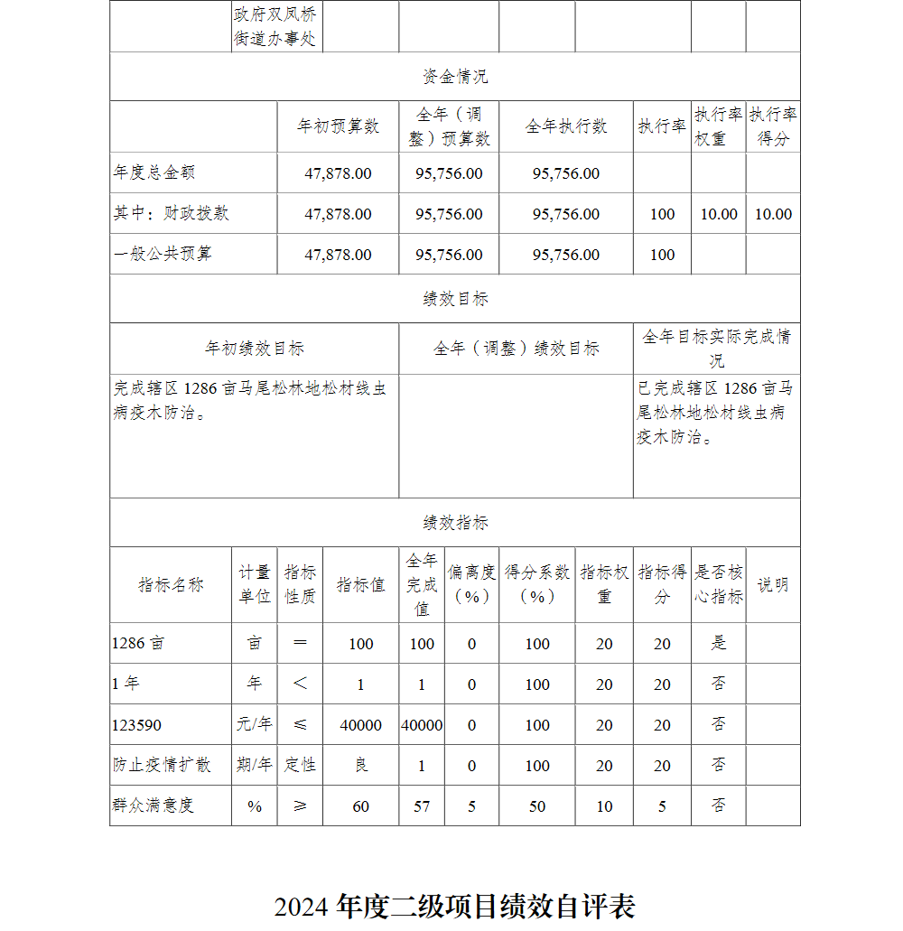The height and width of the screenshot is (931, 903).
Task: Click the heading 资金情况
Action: pos(455,77)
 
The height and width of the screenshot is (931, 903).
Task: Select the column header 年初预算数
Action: pos(338,126)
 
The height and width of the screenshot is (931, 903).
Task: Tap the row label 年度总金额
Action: pos(154,172)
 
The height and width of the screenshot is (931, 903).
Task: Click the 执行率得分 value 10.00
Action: pos(773,214)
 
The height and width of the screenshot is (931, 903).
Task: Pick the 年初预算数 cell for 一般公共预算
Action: pos(338,255)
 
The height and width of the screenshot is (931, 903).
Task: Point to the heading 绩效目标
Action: pos(455,299)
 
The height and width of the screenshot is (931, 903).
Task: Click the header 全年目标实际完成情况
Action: pos(716,349)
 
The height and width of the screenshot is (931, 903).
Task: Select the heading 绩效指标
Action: pos(455,523)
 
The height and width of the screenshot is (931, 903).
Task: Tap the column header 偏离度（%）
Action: pos(471,584)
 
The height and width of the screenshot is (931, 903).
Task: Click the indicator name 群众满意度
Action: pos(154,805)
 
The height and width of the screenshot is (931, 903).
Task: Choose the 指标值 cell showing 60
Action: pos(360,806)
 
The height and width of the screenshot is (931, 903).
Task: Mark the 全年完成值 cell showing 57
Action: pos(422,806)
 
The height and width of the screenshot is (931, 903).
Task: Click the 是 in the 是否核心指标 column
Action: pos(719,644)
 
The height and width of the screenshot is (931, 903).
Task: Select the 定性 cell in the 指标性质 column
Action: pos(300,766)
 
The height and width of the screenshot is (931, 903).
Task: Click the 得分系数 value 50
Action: pos(537,806)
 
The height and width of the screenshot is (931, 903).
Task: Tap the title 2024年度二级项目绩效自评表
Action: pos(455,906)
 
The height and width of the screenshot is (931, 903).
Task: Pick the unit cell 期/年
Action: pos(254,766)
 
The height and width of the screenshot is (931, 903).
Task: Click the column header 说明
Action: pos(773,584)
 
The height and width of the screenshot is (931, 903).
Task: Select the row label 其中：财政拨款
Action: pos(172,214)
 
